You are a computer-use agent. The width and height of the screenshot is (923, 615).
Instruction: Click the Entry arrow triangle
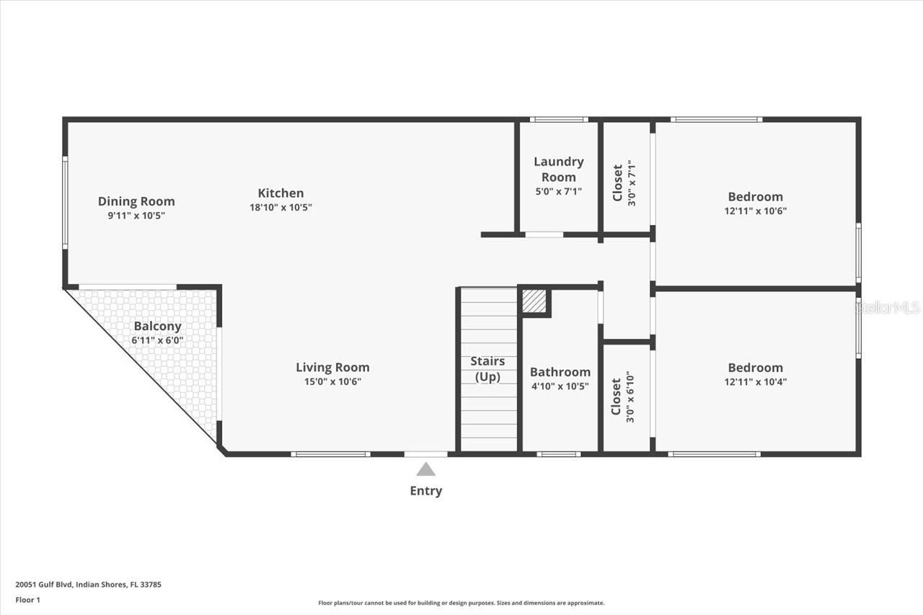click(x=426, y=469)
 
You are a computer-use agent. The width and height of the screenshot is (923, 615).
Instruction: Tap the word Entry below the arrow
click(x=426, y=491)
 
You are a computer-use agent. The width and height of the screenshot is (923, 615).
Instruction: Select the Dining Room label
click(x=136, y=201)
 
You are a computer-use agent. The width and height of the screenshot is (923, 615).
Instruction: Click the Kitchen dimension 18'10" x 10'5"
click(x=281, y=207)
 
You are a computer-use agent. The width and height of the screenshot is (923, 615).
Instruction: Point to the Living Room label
click(x=332, y=367)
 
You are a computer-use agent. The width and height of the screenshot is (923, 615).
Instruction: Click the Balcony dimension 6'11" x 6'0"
click(x=157, y=340)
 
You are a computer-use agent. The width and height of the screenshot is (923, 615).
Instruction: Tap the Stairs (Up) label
click(x=487, y=368)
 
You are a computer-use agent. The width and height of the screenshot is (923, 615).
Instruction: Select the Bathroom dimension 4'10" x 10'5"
click(x=560, y=386)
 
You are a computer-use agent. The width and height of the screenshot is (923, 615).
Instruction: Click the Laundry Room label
click(x=559, y=169)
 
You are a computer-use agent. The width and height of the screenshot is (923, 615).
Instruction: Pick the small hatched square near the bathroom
click(x=534, y=301)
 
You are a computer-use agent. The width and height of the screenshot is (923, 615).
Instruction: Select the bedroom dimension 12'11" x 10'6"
click(x=755, y=211)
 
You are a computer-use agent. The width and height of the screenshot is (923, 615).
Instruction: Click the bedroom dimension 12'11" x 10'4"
click(x=755, y=382)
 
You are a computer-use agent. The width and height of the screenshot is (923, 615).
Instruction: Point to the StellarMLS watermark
click(x=888, y=308)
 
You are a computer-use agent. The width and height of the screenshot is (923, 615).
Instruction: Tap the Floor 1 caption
click(x=27, y=600)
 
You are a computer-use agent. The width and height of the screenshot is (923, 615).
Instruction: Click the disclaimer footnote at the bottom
click(x=461, y=603)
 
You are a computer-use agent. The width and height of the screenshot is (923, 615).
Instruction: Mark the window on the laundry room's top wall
click(x=558, y=119)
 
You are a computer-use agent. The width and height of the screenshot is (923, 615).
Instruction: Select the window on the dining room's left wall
click(x=65, y=203)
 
